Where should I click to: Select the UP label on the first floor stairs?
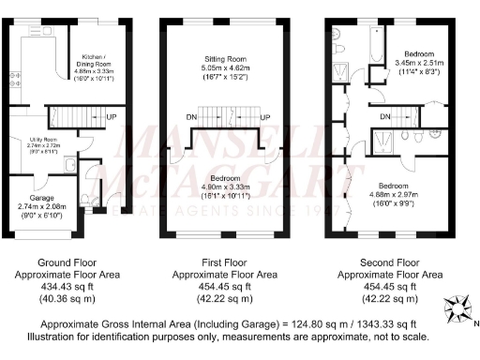coord(265,116)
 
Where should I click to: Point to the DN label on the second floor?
coord(385,116)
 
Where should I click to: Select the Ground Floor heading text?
coord(63,262)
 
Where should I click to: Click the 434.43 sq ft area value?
coord(63,287)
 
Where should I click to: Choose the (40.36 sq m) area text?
coord(63,300)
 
